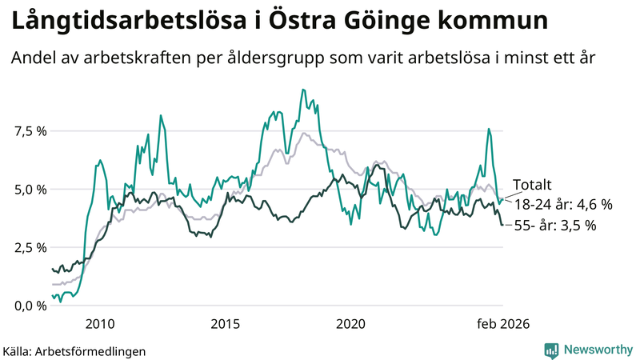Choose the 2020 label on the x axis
tap(350, 324)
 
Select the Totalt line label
tap(531, 185)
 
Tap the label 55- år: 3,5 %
tap(554, 226)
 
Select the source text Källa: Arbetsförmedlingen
tap(74, 350)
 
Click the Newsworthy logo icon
tap(551, 350)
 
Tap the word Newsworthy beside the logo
tap(598, 350)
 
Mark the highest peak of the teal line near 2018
tap(302, 90)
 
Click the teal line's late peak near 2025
tap(488, 129)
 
